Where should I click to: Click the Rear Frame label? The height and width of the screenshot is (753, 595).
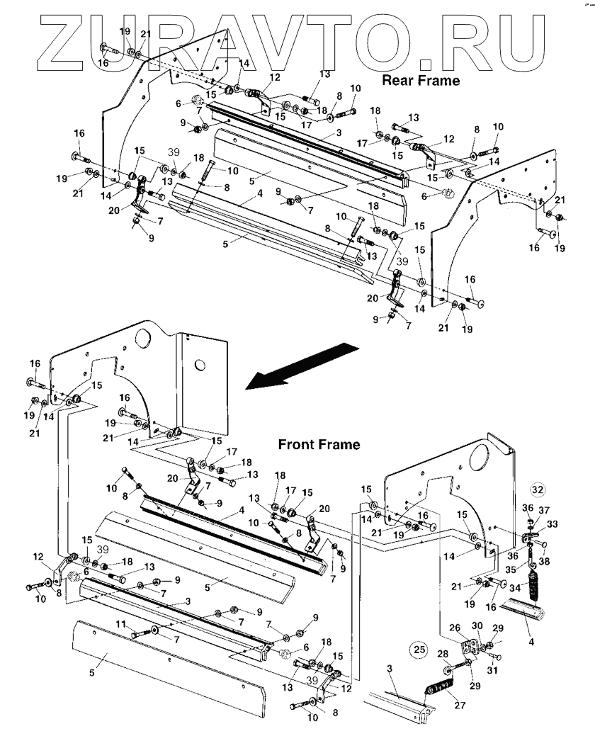point(421,80)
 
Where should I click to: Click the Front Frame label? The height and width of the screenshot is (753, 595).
point(318,445)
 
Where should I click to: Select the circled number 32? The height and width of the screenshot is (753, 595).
point(538,489)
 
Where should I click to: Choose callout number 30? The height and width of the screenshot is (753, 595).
point(477,625)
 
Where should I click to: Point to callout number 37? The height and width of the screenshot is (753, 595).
point(545,509)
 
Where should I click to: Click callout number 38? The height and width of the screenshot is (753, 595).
point(545,559)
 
